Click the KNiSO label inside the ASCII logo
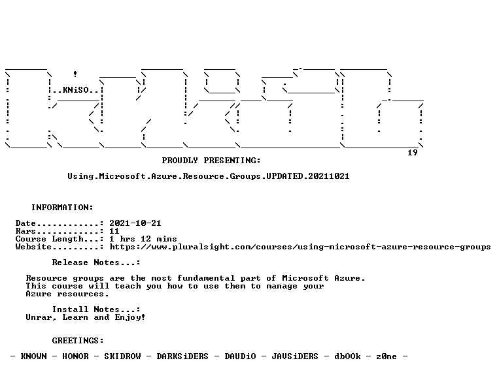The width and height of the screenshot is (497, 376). tap(75, 90)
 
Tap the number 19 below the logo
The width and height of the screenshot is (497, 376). tap(413, 153)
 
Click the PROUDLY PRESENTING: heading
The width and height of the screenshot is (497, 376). tap(211, 161)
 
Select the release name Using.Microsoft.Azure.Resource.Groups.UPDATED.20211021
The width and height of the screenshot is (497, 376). tap(208, 176)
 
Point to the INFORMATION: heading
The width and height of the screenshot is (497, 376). tap(62, 208)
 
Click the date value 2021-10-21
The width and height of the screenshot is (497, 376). tap(135, 223)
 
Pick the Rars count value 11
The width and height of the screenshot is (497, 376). tap(114, 231)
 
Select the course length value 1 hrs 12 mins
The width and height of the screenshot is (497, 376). tap(143, 239)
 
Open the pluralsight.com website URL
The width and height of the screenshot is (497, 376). tap(300, 247)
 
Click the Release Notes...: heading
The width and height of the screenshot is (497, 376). tap(96, 262)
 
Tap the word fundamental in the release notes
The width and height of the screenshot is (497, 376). tap(206, 278)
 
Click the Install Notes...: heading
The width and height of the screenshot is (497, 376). tap(96, 309)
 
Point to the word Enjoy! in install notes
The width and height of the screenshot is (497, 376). tap(130, 317)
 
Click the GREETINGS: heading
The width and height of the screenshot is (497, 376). tap(78, 341)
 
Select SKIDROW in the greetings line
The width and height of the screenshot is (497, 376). tap(122, 356)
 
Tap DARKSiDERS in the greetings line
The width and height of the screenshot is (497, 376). tap(182, 356)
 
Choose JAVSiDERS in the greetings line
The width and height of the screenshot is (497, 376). tap(295, 356)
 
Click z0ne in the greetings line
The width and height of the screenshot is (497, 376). tap(386, 356)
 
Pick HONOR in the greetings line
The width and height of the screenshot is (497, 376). tap(75, 356)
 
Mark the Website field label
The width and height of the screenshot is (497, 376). tap(33, 247)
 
